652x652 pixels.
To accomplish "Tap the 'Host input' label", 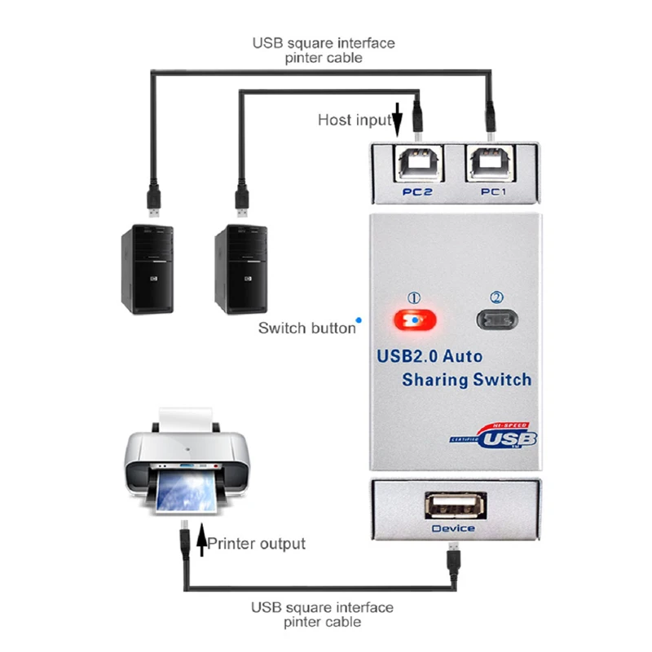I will (355, 120).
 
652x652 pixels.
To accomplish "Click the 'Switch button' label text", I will (306, 328).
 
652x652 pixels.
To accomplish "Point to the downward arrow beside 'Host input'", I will (399, 118).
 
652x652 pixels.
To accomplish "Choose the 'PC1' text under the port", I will (492, 192).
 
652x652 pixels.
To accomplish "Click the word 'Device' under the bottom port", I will (453, 528).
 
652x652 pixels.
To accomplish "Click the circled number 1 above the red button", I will (414, 298).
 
